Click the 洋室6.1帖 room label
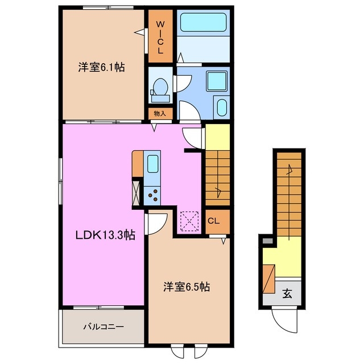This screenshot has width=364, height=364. point(101,67)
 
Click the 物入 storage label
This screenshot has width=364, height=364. point(160,113)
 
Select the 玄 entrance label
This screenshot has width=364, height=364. point(287,294)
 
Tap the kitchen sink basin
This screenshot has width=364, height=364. point(152,164)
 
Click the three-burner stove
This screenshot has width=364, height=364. point(152,196)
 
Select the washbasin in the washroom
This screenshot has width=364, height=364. point(221,107)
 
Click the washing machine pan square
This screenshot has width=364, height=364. point(216,81)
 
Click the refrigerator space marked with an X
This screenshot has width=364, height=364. point(136,192)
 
